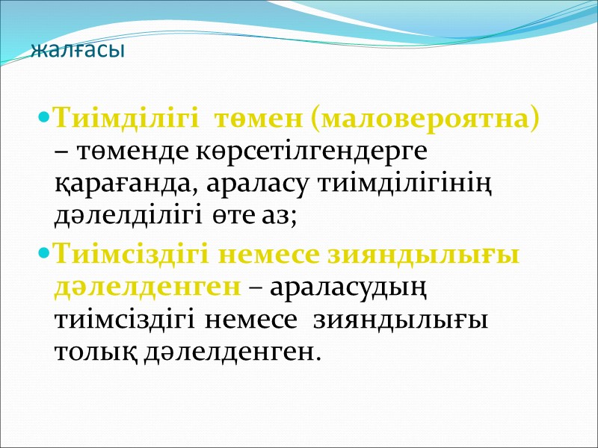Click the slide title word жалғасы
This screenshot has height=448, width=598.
[x=78, y=52]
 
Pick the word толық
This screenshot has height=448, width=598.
[x=89, y=350]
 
